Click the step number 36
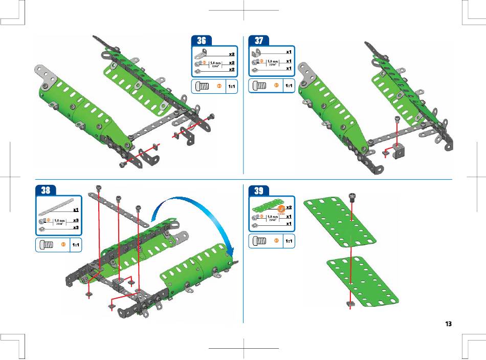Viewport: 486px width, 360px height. pyautogui.click(x=202, y=41)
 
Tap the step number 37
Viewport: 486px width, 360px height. pyautogui.click(x=259, y=40)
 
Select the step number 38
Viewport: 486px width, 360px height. pyautogui.click(x=46, y=190)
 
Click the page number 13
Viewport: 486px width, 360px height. pyautogui.click(x=448, y=324)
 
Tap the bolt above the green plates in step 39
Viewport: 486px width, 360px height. pyautogui.click(x=352, y=197)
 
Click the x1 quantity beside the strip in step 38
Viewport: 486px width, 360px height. pyautogui.click(x=75, y=210)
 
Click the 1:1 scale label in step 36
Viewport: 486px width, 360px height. pyautogui.click(x=231, y=87)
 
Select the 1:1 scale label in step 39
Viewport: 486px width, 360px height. pyautogui.click(x=289, y=241)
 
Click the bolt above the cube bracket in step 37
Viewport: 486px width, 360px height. pyautogui.click(x=398, y=119)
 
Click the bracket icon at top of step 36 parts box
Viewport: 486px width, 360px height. pyautogui.click(x=202, y=52)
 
